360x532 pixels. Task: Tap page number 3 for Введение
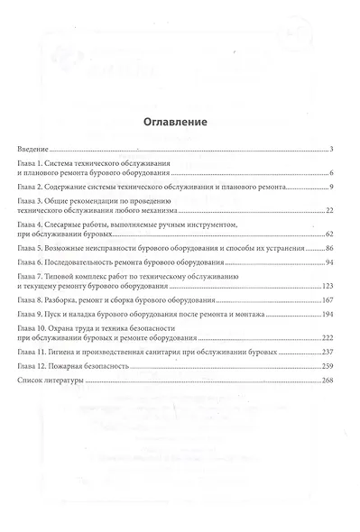point(333,147)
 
